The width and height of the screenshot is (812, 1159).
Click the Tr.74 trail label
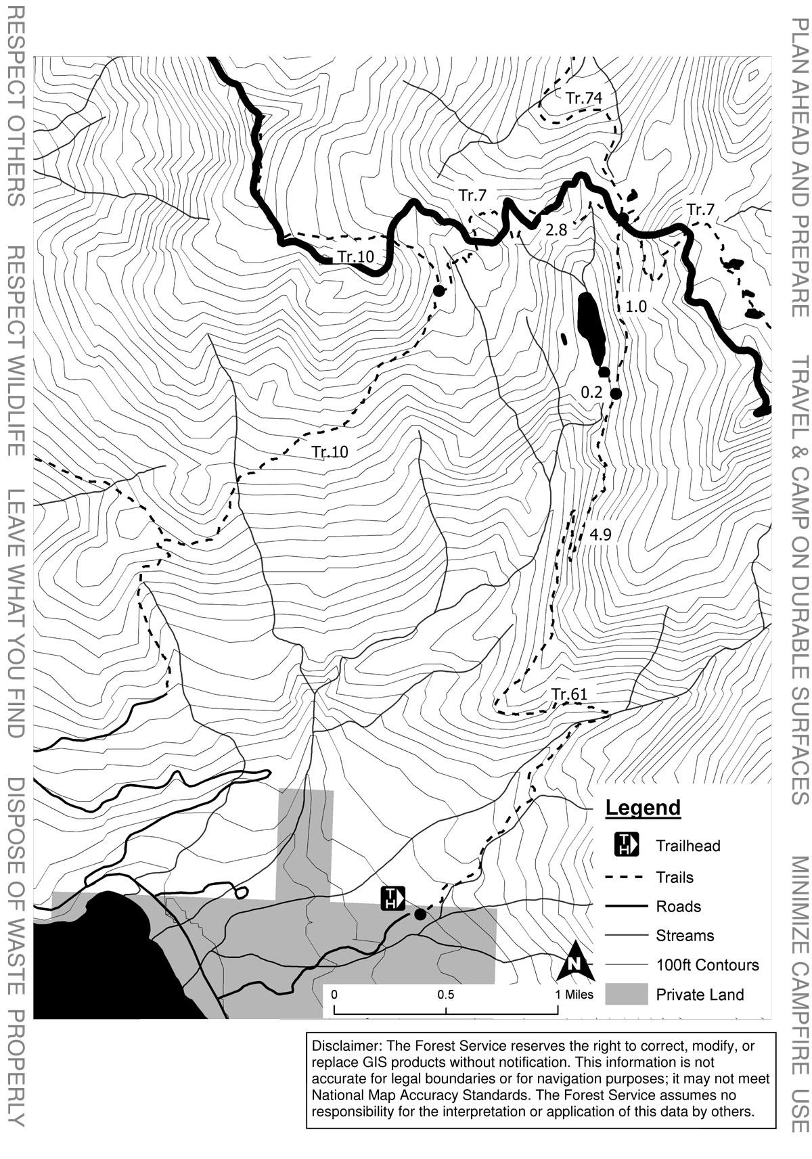point(584,98)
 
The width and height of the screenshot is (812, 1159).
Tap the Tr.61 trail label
point(569,694)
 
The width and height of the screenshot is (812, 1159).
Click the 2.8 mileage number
point(556,230)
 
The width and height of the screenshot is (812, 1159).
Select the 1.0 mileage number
point(635,306)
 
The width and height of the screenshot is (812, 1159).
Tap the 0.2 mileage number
point(591,392)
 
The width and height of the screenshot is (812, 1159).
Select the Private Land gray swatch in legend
point(626,995)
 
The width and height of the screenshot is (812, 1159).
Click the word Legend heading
point(643,807)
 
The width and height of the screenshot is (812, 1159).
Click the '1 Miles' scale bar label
point(574,995)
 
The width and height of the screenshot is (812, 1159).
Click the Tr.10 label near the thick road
point(356,256)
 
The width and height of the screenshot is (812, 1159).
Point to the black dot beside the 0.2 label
point(616,394)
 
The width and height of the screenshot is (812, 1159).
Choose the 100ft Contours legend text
point(707,965)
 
